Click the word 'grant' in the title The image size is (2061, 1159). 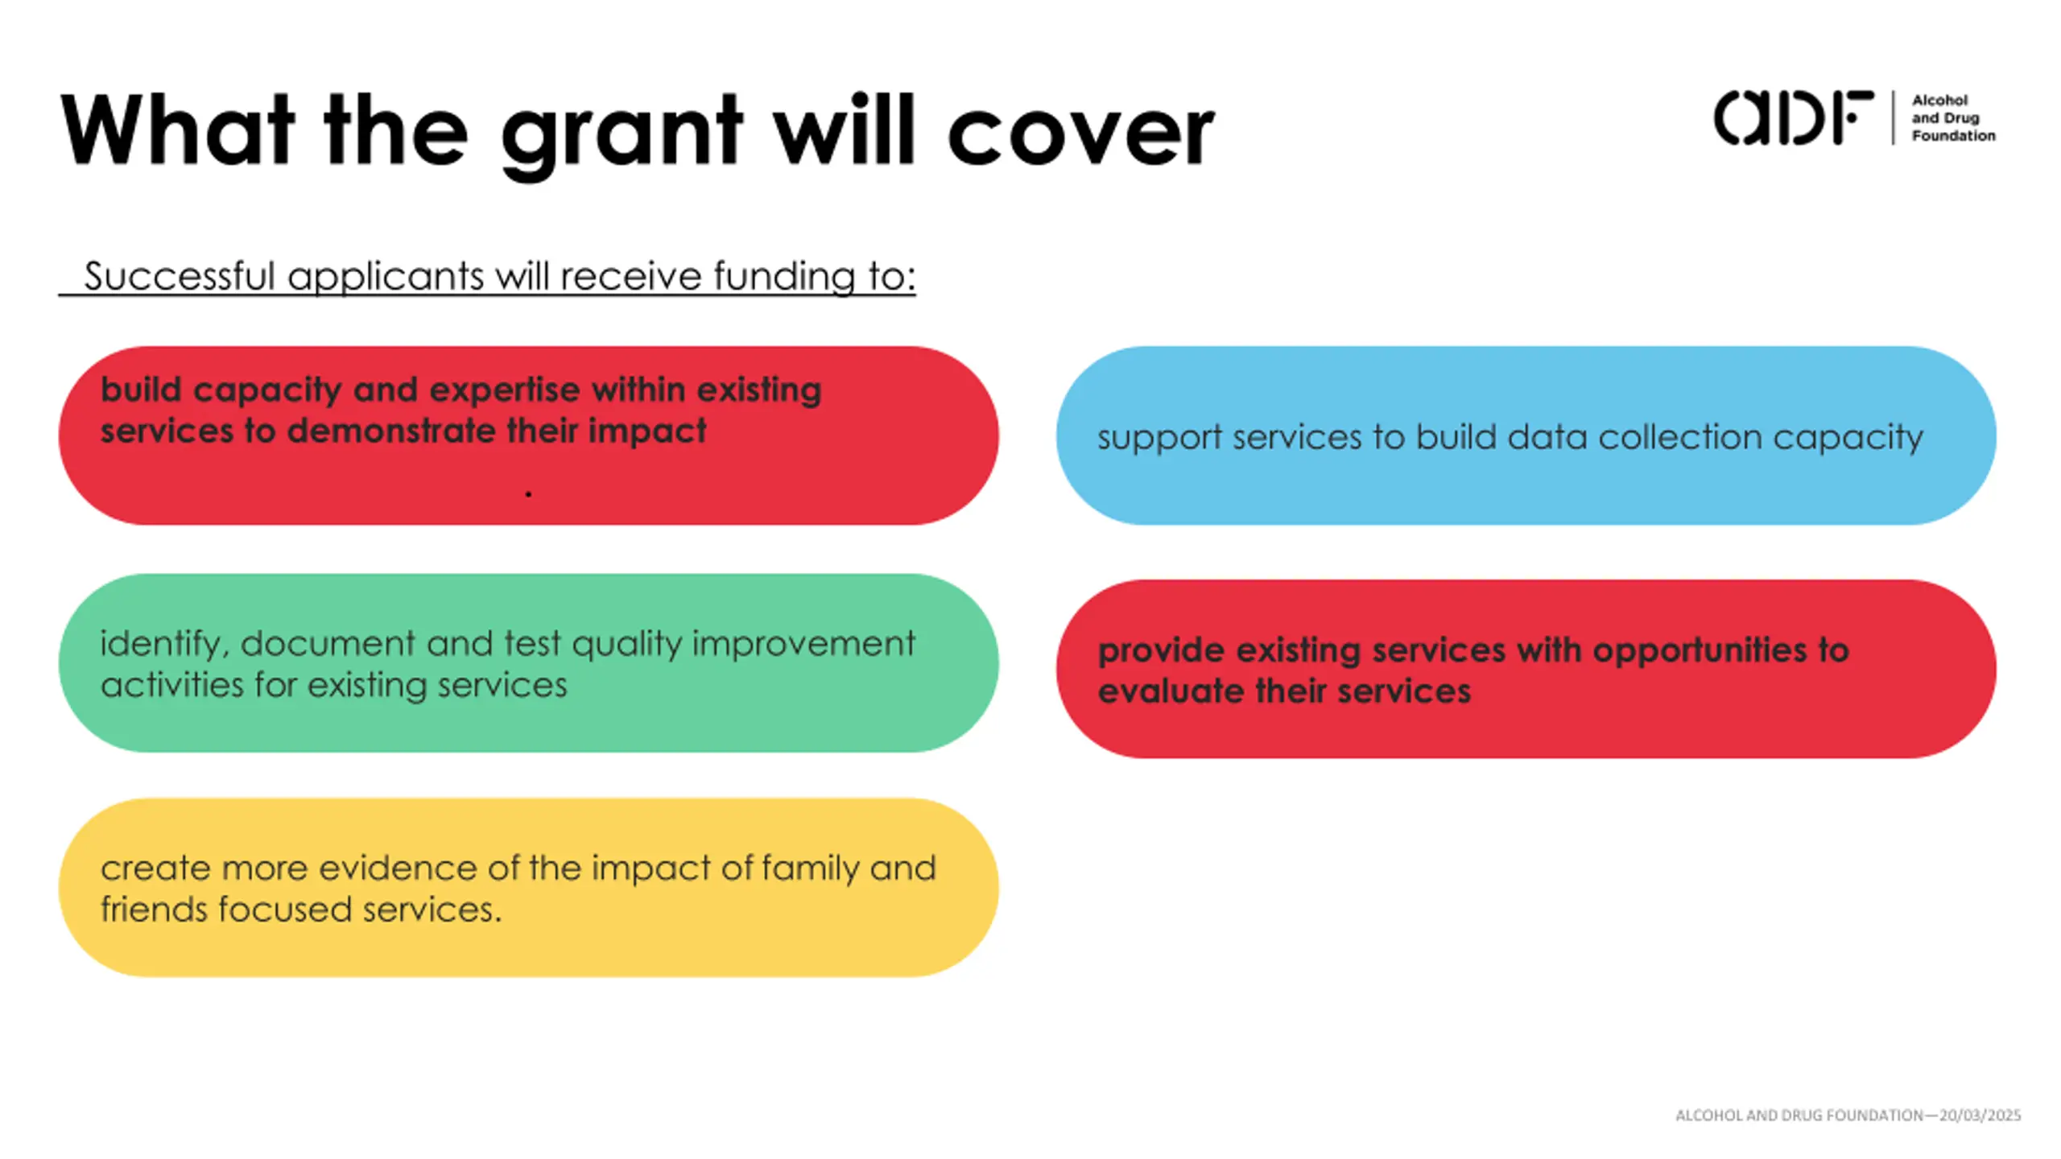pos(621,133)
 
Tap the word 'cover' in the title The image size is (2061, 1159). pos(1081,133)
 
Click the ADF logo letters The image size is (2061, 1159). pos(1792,118)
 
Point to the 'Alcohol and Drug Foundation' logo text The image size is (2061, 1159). pos(1952,118)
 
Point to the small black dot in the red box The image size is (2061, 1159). pos(528,493)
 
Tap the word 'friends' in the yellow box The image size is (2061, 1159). pos(153,909)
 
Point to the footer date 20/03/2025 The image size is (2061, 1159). pos(1980,1116)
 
